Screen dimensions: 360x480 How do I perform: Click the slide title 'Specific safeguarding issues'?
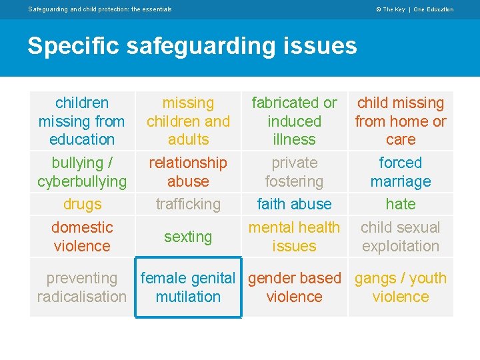(x=192, y=46)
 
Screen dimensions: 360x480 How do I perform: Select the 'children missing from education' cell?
(x=82, y=121)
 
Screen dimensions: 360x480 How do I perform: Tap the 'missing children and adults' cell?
(x=188, y=121)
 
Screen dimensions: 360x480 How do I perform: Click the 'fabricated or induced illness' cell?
(x=294, y=121)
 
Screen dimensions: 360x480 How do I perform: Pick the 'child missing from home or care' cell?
(x=400, y=121)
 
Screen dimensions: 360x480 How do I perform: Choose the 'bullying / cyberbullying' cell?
(x=82, y=172)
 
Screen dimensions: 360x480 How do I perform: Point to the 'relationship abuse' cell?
(x=188, y=172)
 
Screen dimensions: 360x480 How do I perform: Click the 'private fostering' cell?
(x=294, y=172)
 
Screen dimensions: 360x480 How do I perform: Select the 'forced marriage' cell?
(x=400, y=172)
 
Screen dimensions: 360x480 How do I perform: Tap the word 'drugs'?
(x=82, y=204)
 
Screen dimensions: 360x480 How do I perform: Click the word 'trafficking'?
(x=188, y=204)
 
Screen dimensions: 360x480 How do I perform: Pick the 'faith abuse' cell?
(x=294, y=204)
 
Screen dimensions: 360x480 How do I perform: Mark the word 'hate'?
(x=400, y=204)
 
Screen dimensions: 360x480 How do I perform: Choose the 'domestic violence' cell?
(x=82, y=237)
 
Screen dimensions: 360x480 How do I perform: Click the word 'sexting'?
(x=188, y=237)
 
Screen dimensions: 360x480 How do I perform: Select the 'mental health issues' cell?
(x=294, y=237)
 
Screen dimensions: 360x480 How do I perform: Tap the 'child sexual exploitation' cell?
(x=400, y=237)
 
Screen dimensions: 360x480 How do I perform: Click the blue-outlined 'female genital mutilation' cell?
(x=188, y=287)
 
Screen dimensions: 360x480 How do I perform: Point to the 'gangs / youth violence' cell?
(x=400, y=287)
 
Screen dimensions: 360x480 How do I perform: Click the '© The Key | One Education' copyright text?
(x=415, y=9)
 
